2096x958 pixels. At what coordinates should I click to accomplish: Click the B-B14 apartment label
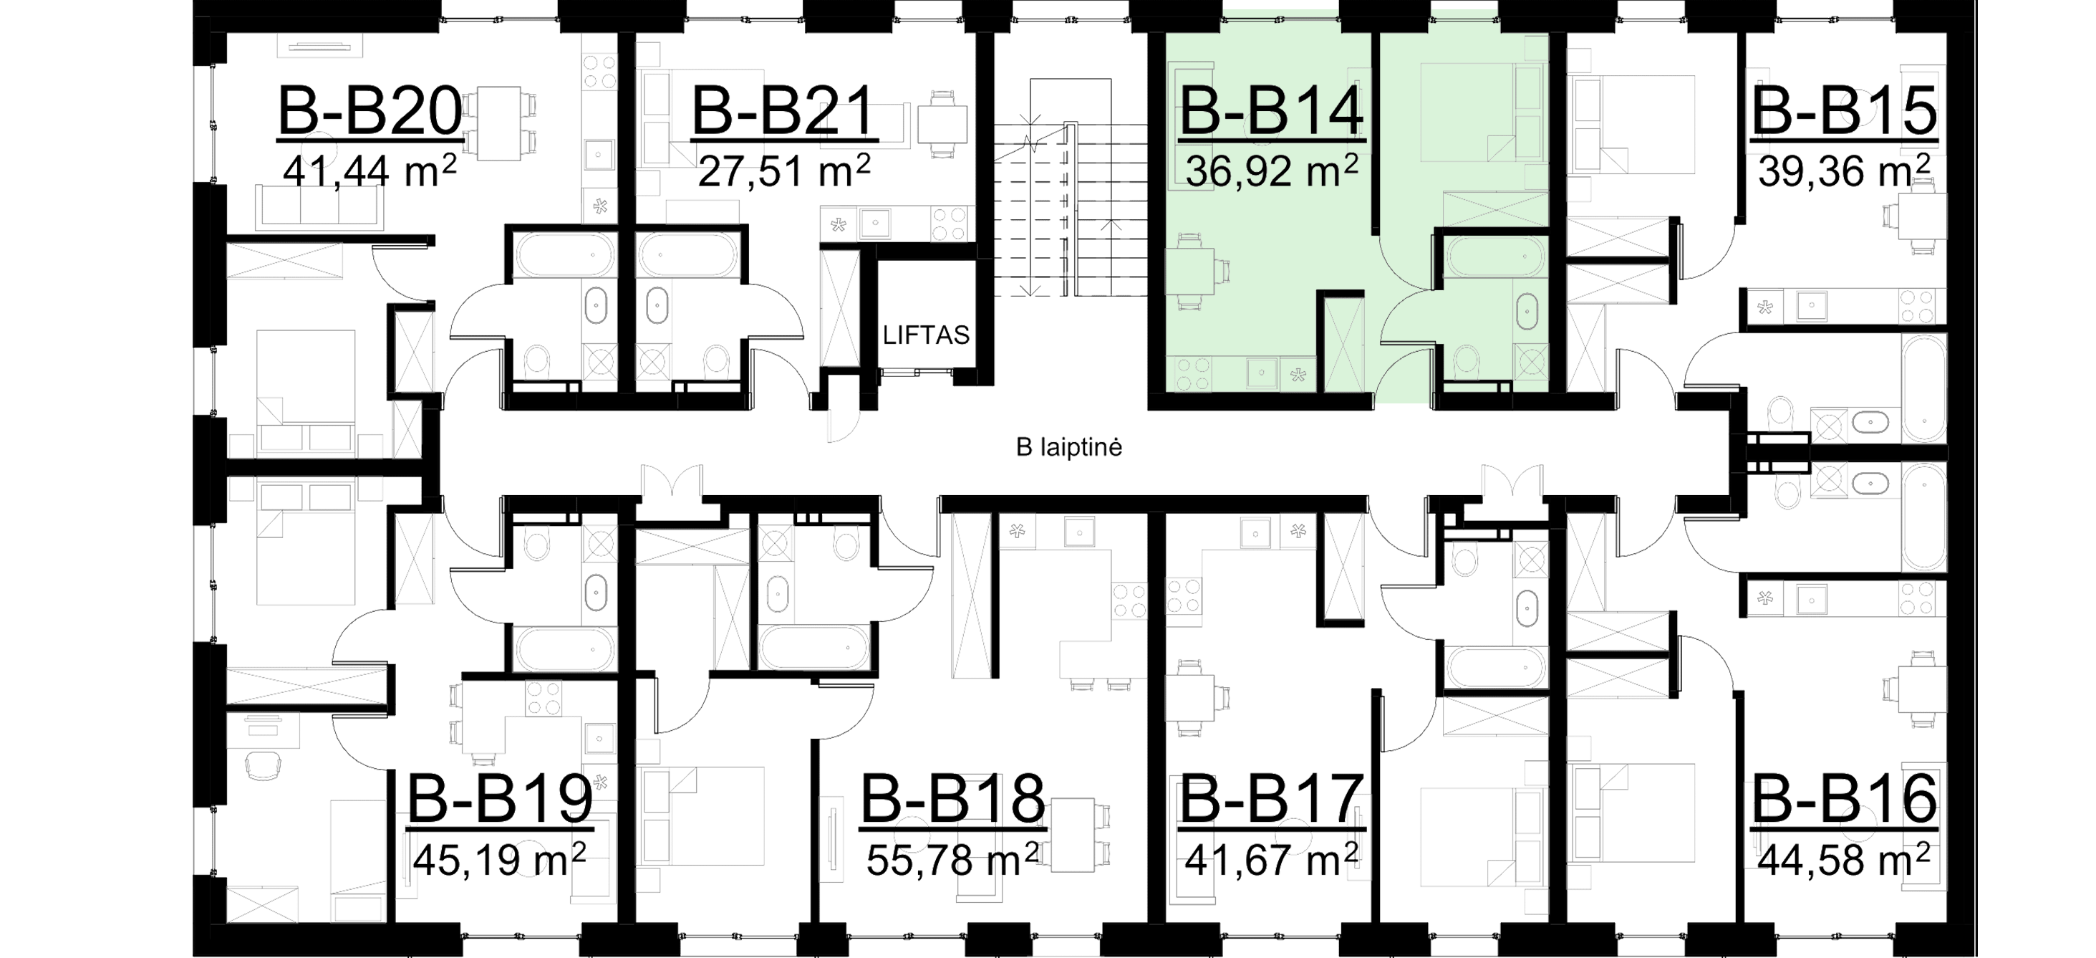(1271, 112)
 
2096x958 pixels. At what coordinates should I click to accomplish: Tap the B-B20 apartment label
(370, 112)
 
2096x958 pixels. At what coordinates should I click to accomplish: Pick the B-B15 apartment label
(1844, 112)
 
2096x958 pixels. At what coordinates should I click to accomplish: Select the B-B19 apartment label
(499, 798)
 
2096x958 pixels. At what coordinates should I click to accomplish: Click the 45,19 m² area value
(499, 858)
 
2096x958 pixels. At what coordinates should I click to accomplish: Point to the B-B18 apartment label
(952, 798)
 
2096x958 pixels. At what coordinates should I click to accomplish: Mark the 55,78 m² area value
(952, 858)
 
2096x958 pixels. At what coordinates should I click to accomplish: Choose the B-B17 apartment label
(1270, 798)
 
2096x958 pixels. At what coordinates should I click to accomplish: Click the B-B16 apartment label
(1844, 798)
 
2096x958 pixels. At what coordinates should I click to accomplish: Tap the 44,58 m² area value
(1844, 858)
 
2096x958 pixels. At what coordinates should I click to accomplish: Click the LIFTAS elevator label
(928, 335)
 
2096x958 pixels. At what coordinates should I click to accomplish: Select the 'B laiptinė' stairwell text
(1069, 447)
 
